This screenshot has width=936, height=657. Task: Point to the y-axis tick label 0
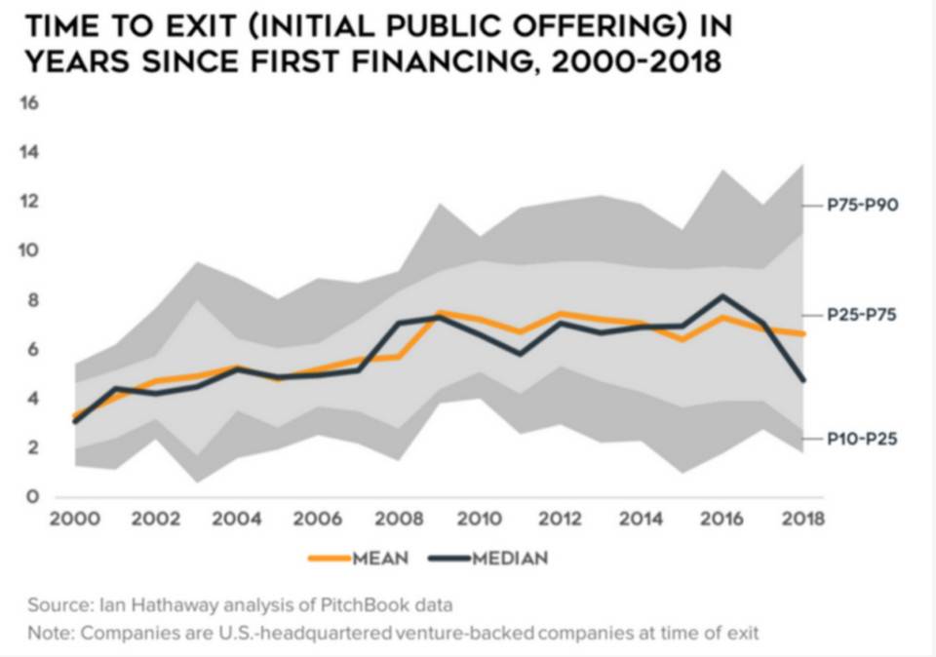coord(32,497)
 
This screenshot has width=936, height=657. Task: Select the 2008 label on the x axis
coord(398,519)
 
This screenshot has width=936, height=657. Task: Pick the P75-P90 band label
coord(862,206)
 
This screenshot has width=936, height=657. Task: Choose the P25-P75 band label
coord(862,315)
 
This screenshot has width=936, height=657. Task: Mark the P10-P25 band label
coord(862,440)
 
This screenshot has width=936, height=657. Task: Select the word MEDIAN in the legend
coord(510,559)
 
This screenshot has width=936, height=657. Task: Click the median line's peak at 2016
coord(721,295)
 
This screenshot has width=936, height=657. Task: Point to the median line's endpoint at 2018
coord(803,380)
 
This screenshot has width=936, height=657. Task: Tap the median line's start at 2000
coord(74,421)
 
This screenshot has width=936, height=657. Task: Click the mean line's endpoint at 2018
coord(803,333)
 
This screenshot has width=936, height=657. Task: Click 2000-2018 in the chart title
coord(633,61)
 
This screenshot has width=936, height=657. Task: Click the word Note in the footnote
coord(50,634)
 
